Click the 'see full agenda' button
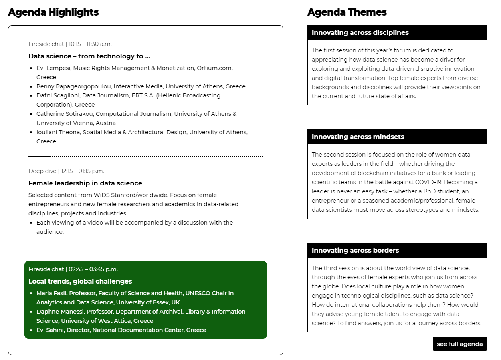point(459,344)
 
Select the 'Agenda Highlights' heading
point(53,12)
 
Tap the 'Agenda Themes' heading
point(347,12)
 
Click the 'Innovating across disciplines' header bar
point(397,33)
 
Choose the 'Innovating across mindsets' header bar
point(397,137)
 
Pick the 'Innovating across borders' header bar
point(397,251)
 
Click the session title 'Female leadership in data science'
point(85,183)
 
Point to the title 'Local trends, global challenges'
point(80,282)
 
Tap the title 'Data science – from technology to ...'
point(89,56)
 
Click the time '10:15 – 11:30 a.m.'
point(90,44)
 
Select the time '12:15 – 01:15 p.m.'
point(82,171)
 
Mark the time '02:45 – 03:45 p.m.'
point(93,269)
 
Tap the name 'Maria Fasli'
point(51,293)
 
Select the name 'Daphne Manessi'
point(60,312)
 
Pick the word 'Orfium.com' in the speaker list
point(214,68)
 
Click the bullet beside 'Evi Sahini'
point(31,330)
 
